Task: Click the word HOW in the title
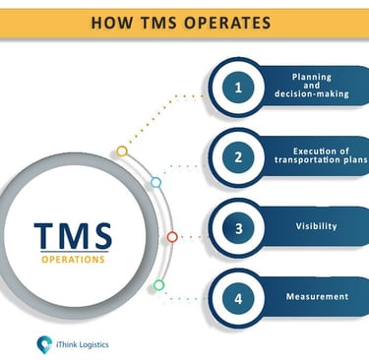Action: (112, 23)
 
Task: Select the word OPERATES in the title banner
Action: (227, 23)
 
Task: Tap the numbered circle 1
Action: (238, 88)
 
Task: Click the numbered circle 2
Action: (238, 157)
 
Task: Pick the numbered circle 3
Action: (238, 228)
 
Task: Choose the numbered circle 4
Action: (238, 299)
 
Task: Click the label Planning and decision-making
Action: (312, 86)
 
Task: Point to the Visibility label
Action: (316, 226)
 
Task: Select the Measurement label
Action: (317, 296)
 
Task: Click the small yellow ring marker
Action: (122, 151)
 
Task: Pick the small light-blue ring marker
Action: (155, 183)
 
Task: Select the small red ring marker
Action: (172, 237)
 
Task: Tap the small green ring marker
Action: (158, 285)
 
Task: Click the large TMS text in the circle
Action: (73, 235)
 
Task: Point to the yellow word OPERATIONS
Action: (73, 260)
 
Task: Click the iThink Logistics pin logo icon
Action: (44, 344)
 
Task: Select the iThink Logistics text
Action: (82, 344)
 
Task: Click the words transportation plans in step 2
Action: (321, 160)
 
